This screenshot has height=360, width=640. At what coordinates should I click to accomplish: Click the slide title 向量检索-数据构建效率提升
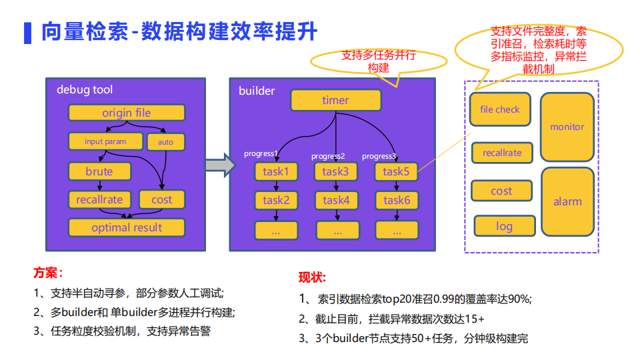tap(179, 31)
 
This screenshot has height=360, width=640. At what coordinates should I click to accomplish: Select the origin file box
tap(127, 113)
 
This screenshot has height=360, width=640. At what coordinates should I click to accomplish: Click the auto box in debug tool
tap(165, 142)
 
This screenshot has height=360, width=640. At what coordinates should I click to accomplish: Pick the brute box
tap(99, 171)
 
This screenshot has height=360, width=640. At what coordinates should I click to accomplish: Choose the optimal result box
tap(127, 227)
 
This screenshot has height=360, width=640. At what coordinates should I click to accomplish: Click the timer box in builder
tap(335, 100)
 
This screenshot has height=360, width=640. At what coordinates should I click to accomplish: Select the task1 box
tap(276, 171)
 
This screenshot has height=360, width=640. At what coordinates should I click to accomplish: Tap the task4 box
tap(336, 200)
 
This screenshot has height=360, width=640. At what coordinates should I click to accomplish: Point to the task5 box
tap(396, 171)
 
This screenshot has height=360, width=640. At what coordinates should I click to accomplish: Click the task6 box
tap(396, 200)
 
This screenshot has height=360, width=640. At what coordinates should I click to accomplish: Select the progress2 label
tap(328, 156)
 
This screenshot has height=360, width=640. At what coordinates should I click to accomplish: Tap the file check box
tap(500, 109)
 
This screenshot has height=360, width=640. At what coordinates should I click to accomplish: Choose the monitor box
tap(567, 127)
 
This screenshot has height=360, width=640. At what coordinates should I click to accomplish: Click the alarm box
tap(567, 201)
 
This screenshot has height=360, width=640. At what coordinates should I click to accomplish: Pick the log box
tap(504, 226)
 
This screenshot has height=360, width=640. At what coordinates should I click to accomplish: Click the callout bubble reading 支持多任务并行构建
tap(378, 62)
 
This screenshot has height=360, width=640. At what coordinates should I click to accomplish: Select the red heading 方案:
tap(48, 273)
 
